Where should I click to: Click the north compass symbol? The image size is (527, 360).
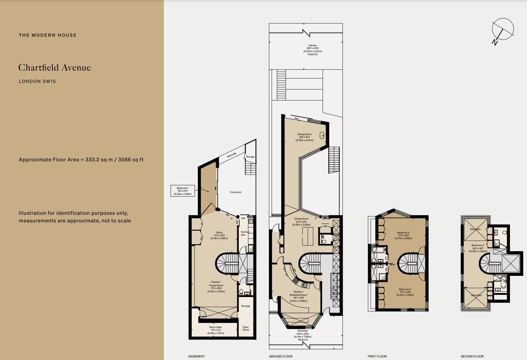pos(502,30)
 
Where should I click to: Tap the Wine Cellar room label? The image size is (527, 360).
pos(216,330)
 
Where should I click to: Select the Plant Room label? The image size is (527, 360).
pos(246,328)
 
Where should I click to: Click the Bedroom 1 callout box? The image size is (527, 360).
pos(183,191)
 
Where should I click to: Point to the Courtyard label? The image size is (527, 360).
pos(235,192)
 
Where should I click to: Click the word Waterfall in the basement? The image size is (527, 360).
pos(232,155)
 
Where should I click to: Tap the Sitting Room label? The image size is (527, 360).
pos(304,137)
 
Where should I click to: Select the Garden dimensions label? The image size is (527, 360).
pos(313,50)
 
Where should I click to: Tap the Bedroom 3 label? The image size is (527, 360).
pos(403,235)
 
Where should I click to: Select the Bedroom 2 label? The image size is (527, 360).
pos(405,292)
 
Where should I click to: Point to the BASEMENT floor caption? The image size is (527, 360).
pos(196,356)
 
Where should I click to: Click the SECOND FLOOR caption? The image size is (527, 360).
pos(472,356)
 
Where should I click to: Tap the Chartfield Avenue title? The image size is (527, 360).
pos(54,67)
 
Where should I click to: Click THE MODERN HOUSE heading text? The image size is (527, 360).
pos(47,35)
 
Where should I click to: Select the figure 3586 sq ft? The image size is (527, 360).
pos(131,160)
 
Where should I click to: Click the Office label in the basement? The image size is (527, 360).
pos(219,235)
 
